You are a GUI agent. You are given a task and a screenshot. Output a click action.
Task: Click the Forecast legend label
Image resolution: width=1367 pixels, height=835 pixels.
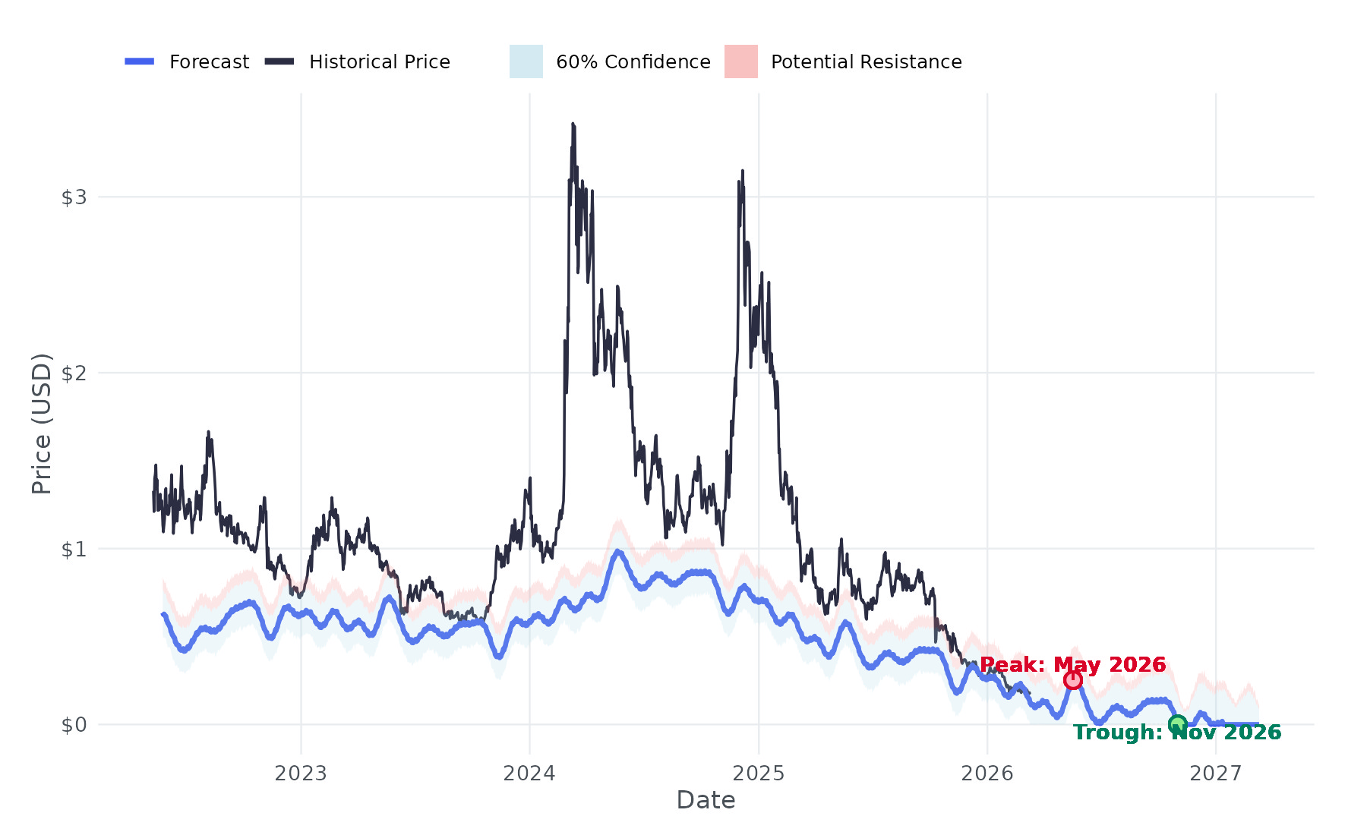(x=209, y=61)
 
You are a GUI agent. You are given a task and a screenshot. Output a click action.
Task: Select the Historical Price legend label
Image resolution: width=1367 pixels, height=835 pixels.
(x=379, y=61)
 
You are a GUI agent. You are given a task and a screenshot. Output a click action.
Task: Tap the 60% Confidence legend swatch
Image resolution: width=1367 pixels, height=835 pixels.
(x=526, y=61)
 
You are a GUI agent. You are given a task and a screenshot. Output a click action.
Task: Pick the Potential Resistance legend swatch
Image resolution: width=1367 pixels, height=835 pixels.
(x=741, y=61)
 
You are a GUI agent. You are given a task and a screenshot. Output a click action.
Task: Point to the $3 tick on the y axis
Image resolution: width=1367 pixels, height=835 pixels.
(x=74, y=197)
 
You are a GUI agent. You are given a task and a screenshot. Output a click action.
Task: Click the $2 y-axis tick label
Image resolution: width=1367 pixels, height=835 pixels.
(x=74, y=373)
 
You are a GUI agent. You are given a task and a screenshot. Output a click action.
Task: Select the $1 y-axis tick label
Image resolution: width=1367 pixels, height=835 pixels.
(x=74, y=549)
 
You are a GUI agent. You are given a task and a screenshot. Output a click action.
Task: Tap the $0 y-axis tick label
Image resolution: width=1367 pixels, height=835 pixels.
(x=74, y=725)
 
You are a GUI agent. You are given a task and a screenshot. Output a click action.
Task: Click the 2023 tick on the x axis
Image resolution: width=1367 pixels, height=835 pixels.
(x=301, y=774)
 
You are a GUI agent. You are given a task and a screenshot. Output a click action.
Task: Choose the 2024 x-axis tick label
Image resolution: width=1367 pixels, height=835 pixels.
(x=529, y=774)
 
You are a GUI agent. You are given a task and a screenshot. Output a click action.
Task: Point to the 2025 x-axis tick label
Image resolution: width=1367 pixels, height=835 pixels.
(x=759, y=774)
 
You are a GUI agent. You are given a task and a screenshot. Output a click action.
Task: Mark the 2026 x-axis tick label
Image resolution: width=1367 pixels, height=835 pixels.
(x=987, y=774)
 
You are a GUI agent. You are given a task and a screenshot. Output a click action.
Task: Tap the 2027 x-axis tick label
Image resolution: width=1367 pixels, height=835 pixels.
(x=1216, y=774)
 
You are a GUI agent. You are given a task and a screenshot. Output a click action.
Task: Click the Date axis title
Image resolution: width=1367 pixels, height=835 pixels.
(x=706, y=800)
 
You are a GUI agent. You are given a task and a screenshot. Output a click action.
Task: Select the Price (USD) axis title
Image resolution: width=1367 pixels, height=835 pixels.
(x=42, y=424)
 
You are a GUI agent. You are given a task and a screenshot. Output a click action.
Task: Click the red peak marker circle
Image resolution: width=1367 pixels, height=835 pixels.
(x=1072, y=680)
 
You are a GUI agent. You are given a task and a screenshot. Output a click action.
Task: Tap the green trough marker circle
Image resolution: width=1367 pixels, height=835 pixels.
(x=1177, y=724)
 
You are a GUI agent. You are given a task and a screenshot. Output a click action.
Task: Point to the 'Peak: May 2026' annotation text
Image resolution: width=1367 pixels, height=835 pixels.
(x=1072, y=665)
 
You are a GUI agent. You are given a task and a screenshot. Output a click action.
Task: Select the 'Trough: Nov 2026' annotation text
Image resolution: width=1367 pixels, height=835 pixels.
(x=1177, y=733)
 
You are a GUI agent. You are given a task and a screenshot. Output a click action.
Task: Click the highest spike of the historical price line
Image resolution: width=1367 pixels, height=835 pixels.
(x=573, y=124)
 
